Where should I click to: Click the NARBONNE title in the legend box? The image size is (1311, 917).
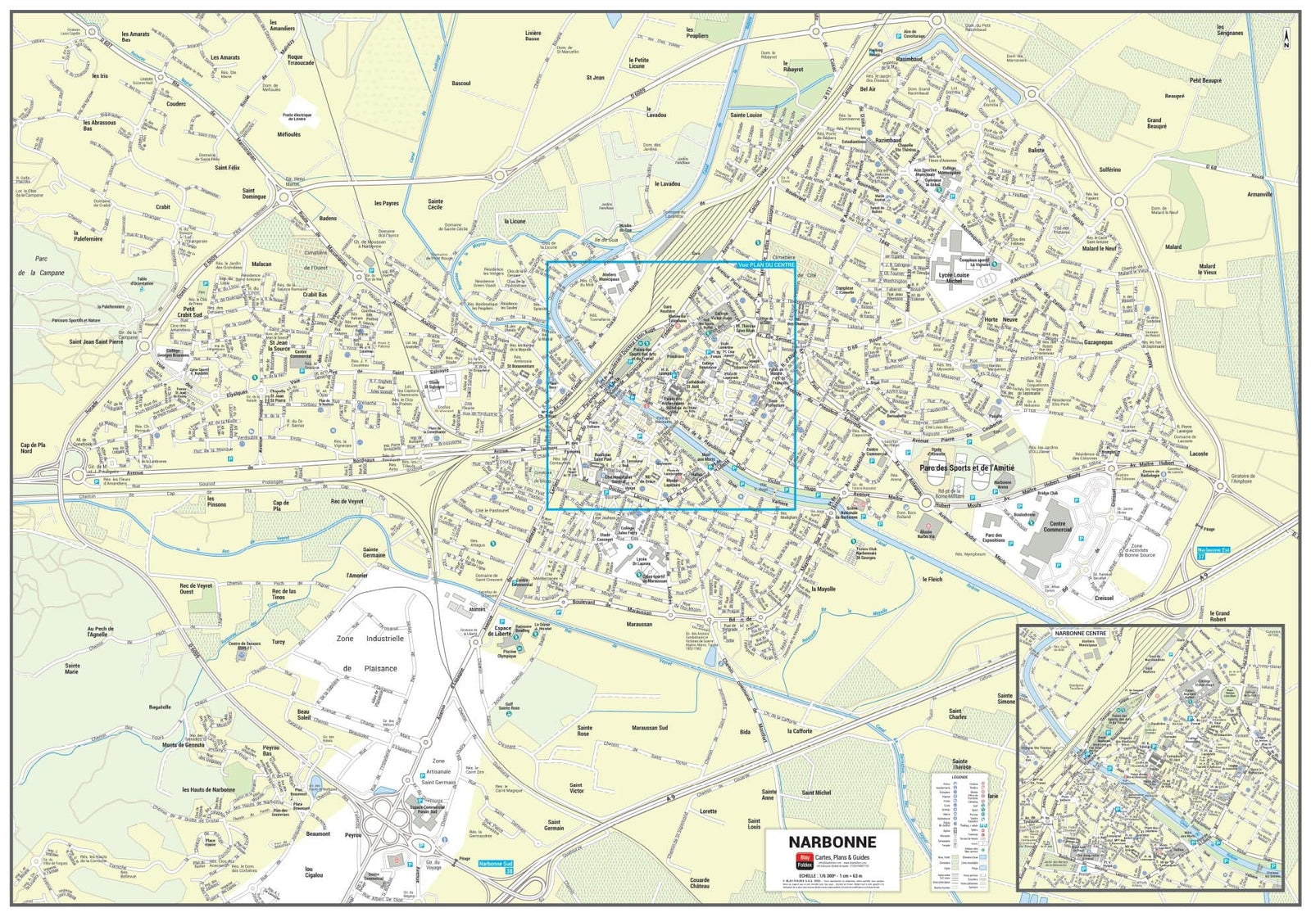tap(832, 842)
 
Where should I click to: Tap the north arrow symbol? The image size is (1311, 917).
tap(1286, 38)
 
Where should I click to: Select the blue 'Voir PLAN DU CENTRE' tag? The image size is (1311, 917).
tap(766, 265)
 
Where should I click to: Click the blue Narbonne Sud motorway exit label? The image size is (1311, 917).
tap(496, 864)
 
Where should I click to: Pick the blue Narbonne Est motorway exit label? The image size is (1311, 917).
tap(1213, 550)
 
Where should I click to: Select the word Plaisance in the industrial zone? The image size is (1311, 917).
tap(380, 668)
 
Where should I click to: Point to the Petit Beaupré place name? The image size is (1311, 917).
tap(1205, 81)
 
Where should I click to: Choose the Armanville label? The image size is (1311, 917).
tap(1259, 195)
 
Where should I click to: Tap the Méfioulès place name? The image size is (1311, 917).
tap(288, 134)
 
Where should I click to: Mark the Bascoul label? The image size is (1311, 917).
tap(461, 84)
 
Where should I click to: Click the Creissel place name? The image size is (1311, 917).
tap(1104, 598)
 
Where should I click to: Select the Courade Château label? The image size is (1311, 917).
tap(699, 883)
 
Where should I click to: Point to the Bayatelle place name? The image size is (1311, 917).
tap(160, 707)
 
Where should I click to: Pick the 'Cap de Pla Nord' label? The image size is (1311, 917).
tap(33, 448)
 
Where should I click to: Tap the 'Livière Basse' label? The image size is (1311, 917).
tap(533, 35)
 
